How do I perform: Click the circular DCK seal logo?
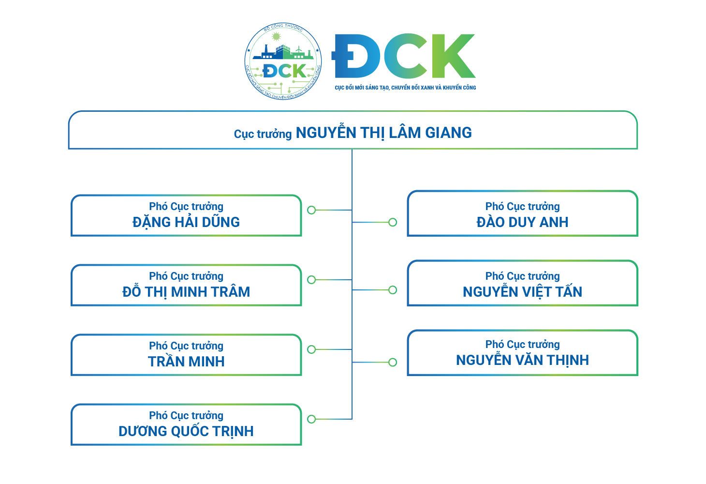283,61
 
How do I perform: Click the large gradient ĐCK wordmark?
404,56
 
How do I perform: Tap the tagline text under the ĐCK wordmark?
405,88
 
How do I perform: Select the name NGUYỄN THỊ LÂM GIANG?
383,133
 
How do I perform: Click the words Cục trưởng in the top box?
263,134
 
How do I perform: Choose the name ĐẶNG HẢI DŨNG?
186,222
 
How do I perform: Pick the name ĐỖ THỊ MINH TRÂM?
186,292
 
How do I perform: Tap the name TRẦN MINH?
186,362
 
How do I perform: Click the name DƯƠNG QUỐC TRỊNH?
186,431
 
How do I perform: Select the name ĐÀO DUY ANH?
522,222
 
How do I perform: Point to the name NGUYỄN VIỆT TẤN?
522,292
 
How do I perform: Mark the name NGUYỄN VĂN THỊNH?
522,360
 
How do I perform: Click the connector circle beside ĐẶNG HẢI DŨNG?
311,210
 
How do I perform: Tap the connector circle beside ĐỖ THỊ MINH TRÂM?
311,280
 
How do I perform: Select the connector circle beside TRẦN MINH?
311,349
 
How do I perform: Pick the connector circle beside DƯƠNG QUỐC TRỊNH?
311,419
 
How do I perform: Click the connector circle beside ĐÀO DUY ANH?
393,222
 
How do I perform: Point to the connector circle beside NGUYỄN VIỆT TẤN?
393,290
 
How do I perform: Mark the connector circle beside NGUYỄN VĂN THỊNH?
393,362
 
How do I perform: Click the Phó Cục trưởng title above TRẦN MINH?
186,346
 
